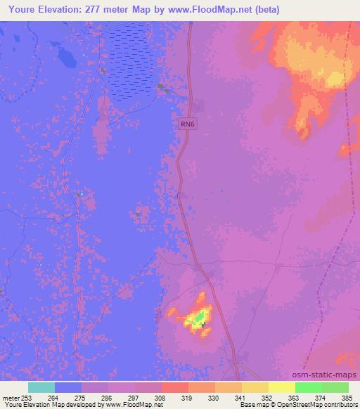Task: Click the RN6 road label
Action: [x=186, y=124]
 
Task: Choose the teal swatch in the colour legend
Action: [x=41, y=387]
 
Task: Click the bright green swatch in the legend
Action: [x=309, y=387]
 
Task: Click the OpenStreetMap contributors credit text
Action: [x=309, y=405]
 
